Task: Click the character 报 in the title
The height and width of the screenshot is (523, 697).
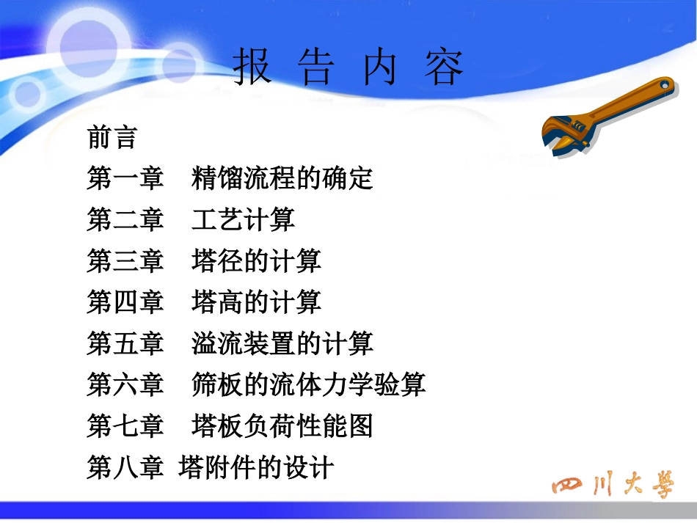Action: [252, 68]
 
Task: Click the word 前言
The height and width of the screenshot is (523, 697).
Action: [112, 137]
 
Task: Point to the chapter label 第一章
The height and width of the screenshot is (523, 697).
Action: [125, 178]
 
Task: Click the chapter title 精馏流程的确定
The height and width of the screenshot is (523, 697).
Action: [282, 178]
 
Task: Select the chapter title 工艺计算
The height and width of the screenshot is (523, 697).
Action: [243, 219]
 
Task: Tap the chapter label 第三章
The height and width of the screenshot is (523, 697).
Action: [125, 260]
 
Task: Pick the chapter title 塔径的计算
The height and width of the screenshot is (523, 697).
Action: [256, 260]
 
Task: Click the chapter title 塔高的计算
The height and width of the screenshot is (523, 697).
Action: [256, 301]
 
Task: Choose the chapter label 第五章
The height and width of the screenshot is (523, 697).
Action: [125, 343]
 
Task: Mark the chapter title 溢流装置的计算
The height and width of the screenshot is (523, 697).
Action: [282, 343]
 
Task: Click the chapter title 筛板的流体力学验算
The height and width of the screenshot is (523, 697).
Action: [308, 384]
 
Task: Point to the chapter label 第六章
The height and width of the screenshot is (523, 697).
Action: [125, 384]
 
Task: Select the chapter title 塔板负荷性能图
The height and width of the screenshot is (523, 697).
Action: [282, 425]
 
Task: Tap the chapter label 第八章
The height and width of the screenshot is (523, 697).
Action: [125, 467]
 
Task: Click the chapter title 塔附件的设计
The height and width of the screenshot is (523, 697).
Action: [256, 467]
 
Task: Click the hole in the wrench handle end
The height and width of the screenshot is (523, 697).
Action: [665, 86]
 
